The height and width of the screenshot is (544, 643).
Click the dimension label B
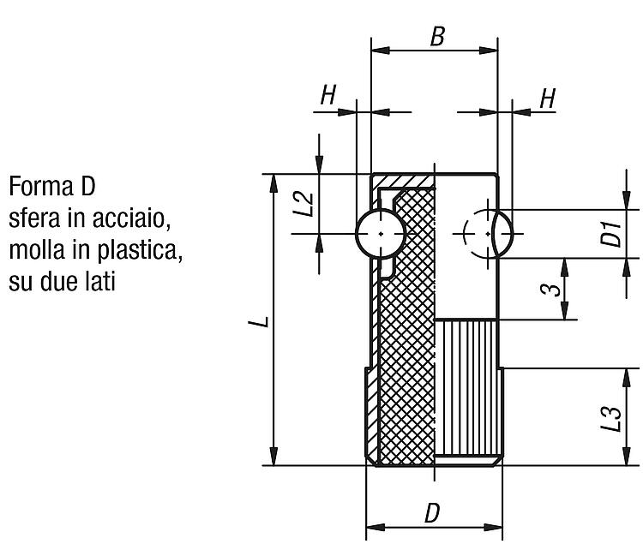click(437, 36)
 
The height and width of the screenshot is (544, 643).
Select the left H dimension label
click(328, 95)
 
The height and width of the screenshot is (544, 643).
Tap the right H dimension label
click(548, 99)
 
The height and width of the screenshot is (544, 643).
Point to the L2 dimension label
click(304, 204)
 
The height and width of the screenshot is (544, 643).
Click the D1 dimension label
click(611, 234)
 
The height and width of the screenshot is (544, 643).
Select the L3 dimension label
click(611, 418)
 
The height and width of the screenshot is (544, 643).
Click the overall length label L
click(259, 321)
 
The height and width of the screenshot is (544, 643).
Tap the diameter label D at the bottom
click(432, 513)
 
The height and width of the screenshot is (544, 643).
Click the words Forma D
click(52, 187)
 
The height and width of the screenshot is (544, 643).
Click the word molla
click(37, 250)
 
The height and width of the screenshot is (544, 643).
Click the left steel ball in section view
click(381, 234)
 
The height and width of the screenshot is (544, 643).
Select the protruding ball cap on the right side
click(504, 234)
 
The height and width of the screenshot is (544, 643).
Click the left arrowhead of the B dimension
click(380, 51)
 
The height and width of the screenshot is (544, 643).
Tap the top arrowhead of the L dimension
click(273, 183)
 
